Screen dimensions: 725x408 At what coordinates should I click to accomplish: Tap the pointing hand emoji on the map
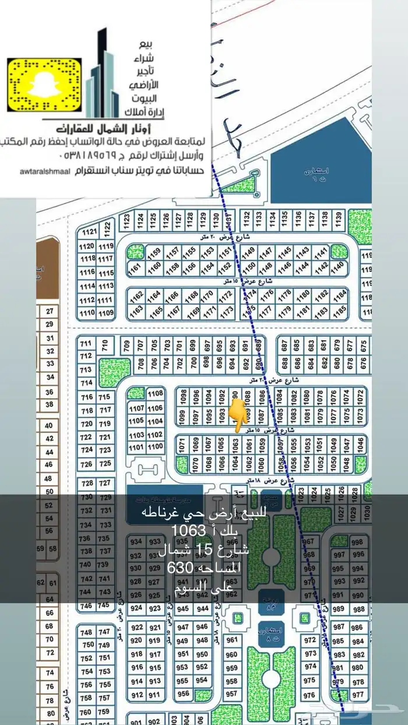237,414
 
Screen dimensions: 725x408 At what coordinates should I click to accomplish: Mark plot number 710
105,346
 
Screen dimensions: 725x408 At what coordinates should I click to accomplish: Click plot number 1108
155,394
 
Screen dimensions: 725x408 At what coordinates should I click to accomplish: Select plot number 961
232,640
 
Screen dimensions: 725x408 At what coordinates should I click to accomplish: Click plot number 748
87,632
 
